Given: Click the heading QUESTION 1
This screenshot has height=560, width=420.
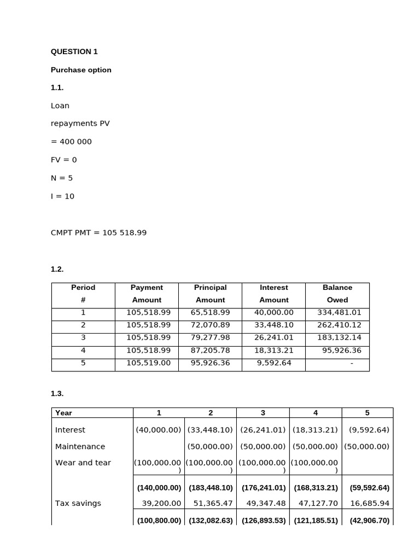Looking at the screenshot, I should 74,51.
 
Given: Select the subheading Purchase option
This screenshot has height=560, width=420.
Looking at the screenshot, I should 81,69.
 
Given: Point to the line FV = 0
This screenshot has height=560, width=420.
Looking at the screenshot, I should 64,160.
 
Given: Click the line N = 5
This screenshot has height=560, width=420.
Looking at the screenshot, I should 62,178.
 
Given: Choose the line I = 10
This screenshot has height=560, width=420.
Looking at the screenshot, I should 62,196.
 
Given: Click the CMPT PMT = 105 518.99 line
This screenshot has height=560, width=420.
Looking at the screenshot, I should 98,232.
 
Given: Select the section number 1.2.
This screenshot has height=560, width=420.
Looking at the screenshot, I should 57,269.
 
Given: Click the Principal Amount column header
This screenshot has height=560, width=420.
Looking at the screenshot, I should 210,294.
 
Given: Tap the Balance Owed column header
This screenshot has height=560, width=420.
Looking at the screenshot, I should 337,294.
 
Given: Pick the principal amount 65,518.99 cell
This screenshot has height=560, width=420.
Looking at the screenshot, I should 210,312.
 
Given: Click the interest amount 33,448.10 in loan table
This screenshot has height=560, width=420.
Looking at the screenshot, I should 273,324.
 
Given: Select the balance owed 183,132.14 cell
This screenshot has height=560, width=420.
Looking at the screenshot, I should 339,337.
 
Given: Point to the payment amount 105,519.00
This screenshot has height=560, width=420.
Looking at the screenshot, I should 147,363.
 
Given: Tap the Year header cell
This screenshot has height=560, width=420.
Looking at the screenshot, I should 63,413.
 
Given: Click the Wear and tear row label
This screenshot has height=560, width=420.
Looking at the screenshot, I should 83,463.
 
